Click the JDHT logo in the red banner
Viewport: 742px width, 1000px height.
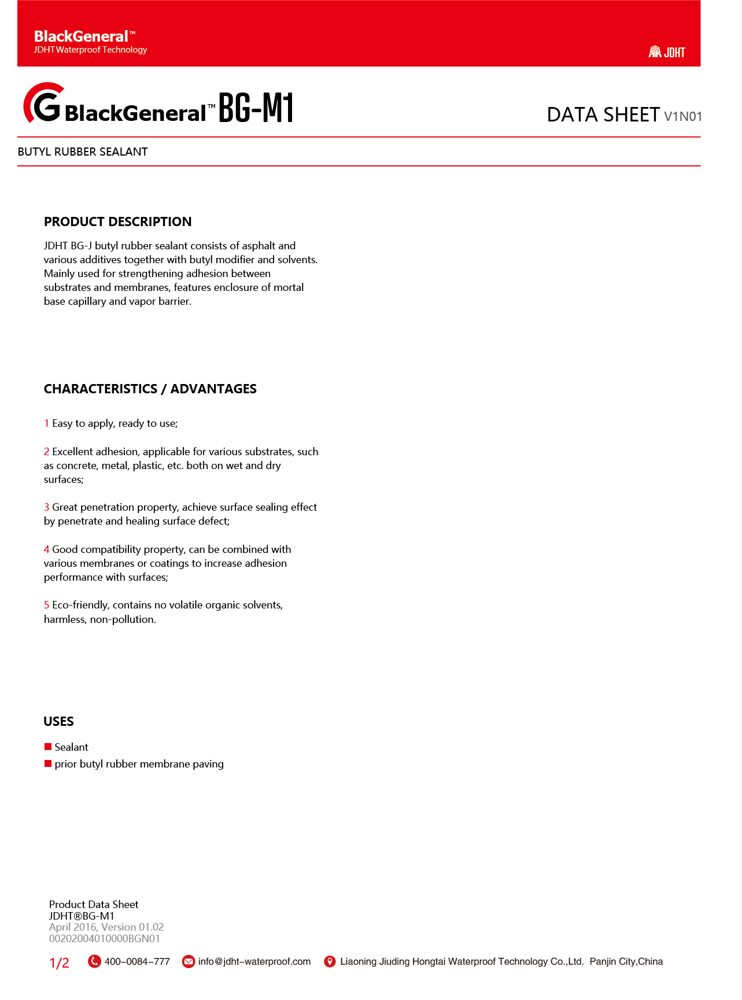(x=666, y=52)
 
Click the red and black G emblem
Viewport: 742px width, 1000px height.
(x=43, y=103)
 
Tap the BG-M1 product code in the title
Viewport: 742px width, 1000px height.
(x=256, y=108)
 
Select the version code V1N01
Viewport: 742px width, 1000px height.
(x=683, y=116)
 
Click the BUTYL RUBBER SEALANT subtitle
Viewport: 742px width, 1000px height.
(x=83, y=152)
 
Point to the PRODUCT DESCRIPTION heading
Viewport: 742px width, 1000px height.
(x=117, y=222)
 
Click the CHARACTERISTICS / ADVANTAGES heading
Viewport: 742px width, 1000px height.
(x=150, y=389)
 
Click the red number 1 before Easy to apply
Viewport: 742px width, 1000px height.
(x=46, y=423)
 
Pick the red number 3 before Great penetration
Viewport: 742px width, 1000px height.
(x=46, y=507)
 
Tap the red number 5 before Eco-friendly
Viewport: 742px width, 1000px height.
(x=46, y=605)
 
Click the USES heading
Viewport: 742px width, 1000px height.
(x=58, y=721)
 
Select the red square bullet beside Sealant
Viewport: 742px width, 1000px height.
(x=48, y=747)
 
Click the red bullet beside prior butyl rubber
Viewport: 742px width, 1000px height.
(x=48, y=763)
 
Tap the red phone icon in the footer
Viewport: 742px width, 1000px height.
(x=94, y=961)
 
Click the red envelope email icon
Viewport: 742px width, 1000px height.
(x=189, y=961)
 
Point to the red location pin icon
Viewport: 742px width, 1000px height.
(x=330, y=961)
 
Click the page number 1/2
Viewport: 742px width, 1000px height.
(x=59, y=963)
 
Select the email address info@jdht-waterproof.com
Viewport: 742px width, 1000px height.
(x=254, y=961)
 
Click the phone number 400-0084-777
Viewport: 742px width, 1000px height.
(x=137, y=961)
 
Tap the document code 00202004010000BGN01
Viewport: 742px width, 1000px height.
(x=104, y=938)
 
